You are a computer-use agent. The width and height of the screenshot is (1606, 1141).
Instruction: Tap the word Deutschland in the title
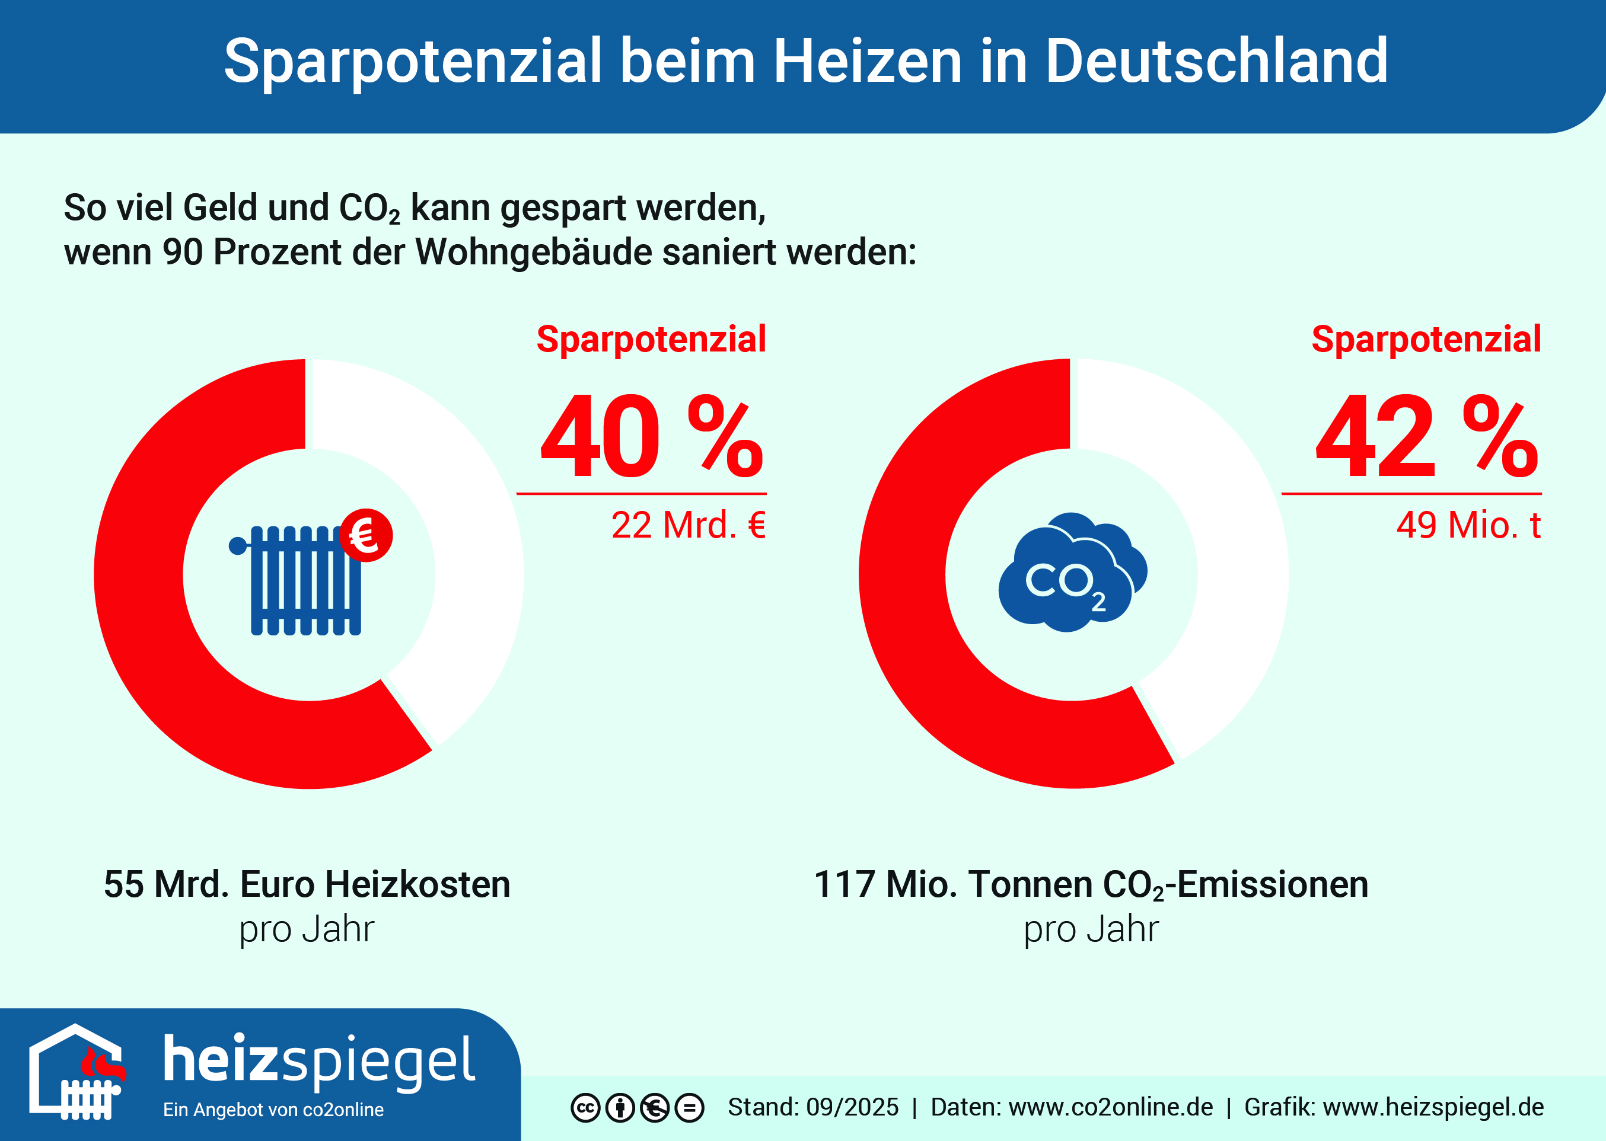(1216, 62)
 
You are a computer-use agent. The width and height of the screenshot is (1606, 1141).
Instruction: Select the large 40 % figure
(651, 437)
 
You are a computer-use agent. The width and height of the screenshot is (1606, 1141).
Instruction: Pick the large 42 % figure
(1427, 437)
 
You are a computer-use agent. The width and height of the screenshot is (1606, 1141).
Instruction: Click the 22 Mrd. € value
(688, 526)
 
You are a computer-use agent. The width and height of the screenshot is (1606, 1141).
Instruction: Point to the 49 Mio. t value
(1468, 526)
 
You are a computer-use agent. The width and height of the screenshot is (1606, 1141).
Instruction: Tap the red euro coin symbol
(366, 535)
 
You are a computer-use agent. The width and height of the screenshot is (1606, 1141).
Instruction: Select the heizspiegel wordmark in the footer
(320, 1060)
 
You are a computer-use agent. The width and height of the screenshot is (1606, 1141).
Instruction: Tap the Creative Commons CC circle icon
(585, 1108)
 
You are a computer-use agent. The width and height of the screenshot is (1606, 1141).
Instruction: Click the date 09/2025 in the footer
(852, 1107)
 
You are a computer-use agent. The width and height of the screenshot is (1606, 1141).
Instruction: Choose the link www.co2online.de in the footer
(1110, 1107)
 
